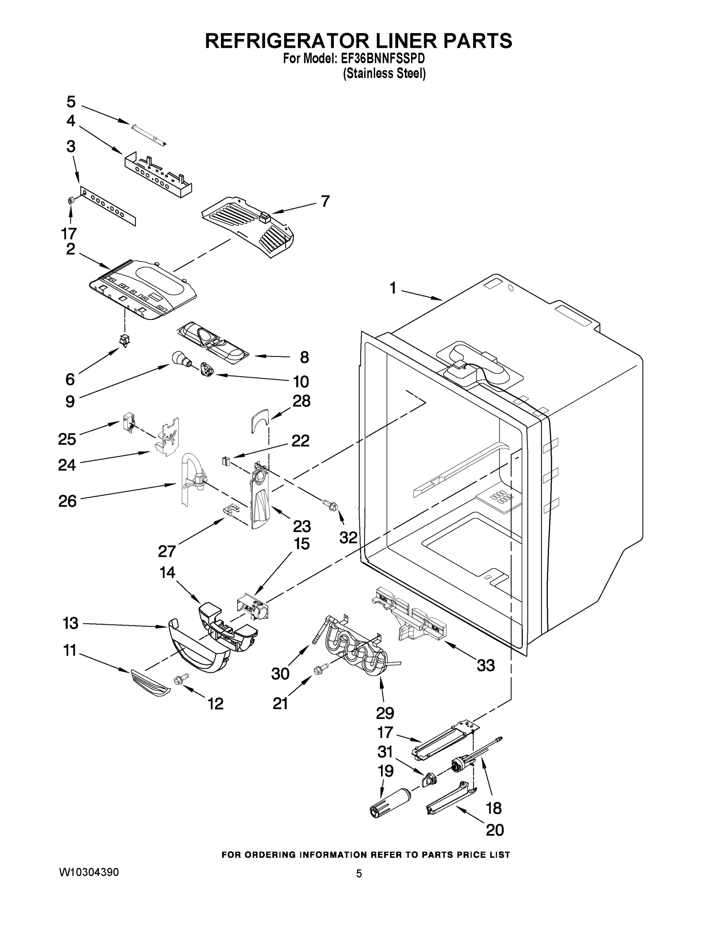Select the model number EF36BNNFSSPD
pyautogui.click(x=383, y=58)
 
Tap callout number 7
pyautogui.click(x=325, y=201)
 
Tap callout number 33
pyautogui.click(x=486, y=665)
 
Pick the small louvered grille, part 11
pyautogui.click(x=150, y=682)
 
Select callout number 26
pyautogui.click(x=68, y=501)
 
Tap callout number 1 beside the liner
pyautogui.click(x=393, y=288)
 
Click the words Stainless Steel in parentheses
pyautogui.click(x=384, y=73)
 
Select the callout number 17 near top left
pyautogui.click(x=68, y=233)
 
